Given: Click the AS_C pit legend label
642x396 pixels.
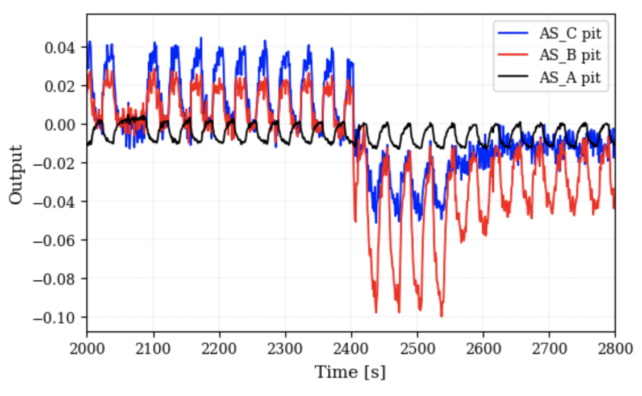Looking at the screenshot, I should pyautogui.click(x=570, y=33).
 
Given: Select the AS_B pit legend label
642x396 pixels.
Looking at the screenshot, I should pyautogui.click(x=570, y=56).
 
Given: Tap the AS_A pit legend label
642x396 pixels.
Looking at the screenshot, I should pyautogui.click(x=570, y=78).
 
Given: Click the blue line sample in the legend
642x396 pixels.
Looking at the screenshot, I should pyautogui.click(x=513, y=33).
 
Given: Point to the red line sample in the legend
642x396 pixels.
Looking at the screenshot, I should pyautogui.click(x=513, y=56).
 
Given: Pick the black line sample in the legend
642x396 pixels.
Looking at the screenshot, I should pyautogui.click(x=513, y=78).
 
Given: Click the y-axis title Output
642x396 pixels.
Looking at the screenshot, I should pyautogui.click(x=16, y=174).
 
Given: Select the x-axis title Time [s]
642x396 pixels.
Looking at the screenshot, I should pyautogui.click(x=351, y=373).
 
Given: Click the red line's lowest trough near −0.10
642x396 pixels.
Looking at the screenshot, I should pyautogui.click(x=441, y=315).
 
